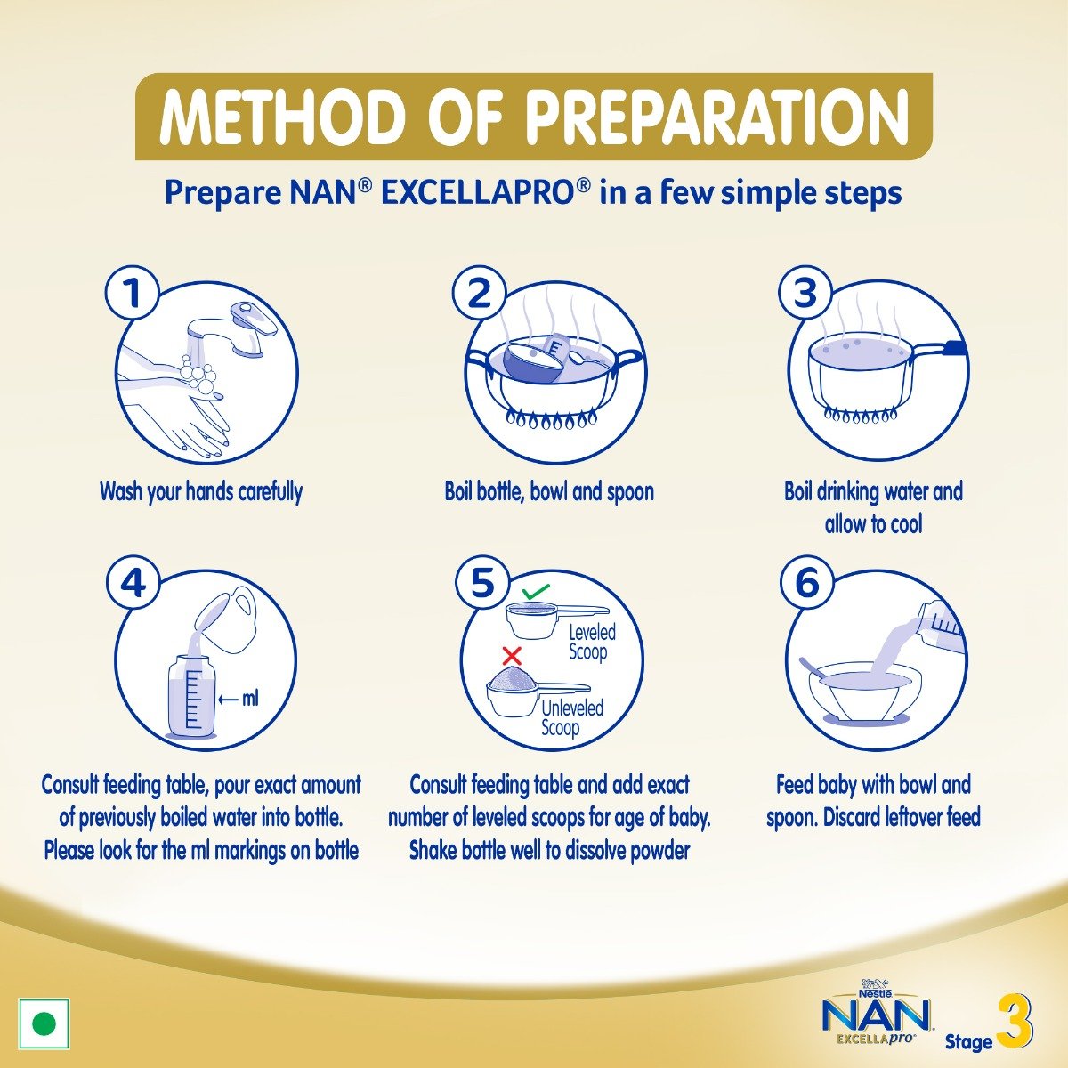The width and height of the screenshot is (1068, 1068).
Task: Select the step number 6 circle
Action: pos(806,584)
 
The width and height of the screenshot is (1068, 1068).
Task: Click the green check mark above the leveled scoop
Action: pos(536,590)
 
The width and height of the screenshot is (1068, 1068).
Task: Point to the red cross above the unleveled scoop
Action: pos(512,656)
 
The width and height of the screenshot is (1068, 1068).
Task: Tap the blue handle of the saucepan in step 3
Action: pos(953,348)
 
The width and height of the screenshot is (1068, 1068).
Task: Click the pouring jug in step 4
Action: pos(227,614)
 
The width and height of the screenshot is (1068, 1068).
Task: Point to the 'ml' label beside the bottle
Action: pos(250,699)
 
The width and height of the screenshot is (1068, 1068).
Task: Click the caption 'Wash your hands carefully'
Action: pos(201,491)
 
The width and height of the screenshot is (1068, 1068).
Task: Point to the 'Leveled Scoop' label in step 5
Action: pos(592,642)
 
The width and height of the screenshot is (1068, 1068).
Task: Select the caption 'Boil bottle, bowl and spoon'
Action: pos(549,491)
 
